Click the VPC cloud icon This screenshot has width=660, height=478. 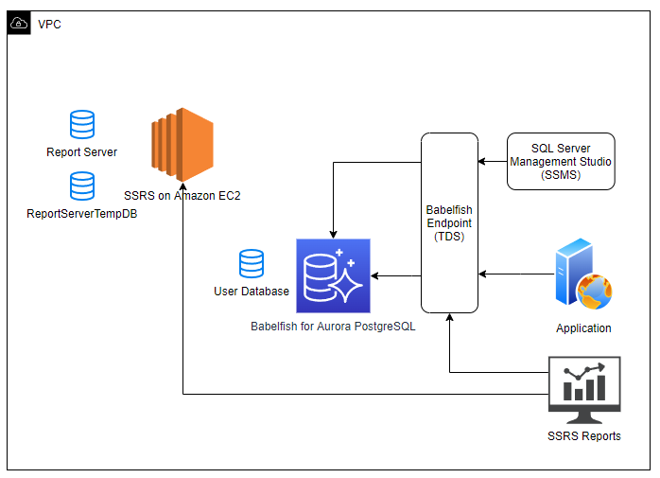pos(19,23)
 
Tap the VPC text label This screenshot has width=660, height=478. pos(49,25)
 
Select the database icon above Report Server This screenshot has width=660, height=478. pos(82,124)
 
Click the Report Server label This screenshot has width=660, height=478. pos(81,152)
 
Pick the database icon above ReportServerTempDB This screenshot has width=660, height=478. pos(82,186)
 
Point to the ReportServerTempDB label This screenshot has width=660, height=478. pos(81,214)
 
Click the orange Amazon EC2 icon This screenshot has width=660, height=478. pos(182,145)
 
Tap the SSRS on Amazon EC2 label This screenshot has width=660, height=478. pos(182,196)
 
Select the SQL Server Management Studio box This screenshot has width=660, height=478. pos(561,162)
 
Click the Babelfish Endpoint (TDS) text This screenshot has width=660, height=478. pos(449,223)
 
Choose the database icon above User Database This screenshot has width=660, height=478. pos(252,263)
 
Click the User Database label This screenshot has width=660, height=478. pos(252,292)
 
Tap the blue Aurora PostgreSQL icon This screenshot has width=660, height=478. pos(333,275)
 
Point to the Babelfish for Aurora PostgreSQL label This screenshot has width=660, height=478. pos(333,327)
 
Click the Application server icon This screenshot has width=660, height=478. pos(583,274)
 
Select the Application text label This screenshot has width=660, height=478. pos(583,328)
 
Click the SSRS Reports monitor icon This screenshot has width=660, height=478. pos(584,390)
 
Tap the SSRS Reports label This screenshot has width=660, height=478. pos(584,435)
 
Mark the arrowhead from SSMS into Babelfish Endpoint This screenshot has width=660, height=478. pos(482,162)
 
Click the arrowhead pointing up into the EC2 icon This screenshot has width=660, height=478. pos(183,186)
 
